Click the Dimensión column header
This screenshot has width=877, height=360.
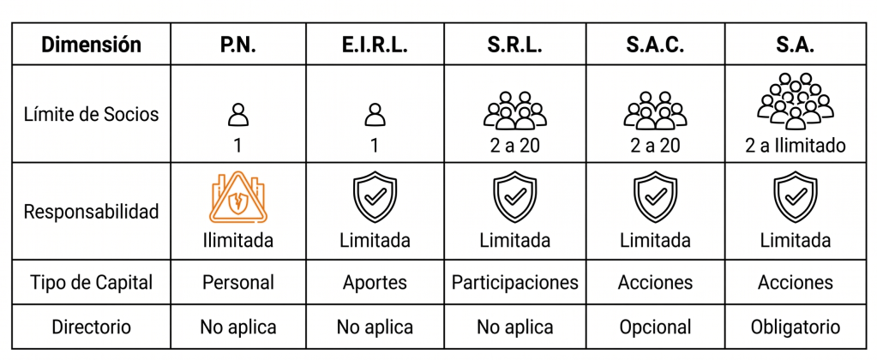click(91, 45)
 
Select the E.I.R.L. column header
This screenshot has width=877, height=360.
click(375, 45)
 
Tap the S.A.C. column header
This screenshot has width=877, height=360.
click(654, 45)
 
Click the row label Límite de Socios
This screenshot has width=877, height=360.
click(91, 115)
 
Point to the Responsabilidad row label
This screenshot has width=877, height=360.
click(91, 212)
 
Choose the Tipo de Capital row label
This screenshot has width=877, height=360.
click(91, 282)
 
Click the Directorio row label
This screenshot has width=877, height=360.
click(91, 327)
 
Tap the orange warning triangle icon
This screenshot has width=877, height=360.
click(238, 199)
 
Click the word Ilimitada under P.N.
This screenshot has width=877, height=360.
click(238, 240)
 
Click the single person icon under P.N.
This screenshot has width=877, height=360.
click(238, 115)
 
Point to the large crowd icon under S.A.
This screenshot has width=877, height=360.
click(795, 101)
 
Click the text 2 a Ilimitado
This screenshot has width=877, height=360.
click(795, 146)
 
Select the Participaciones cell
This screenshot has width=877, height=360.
click(514, 283)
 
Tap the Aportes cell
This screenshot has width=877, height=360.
click(375, 283)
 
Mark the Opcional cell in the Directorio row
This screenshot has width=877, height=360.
click(654, 327)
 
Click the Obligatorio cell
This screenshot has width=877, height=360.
click(795, 327)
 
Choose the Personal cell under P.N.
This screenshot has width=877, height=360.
click(238, 282)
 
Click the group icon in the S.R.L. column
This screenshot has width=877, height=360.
click(514, 110)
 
